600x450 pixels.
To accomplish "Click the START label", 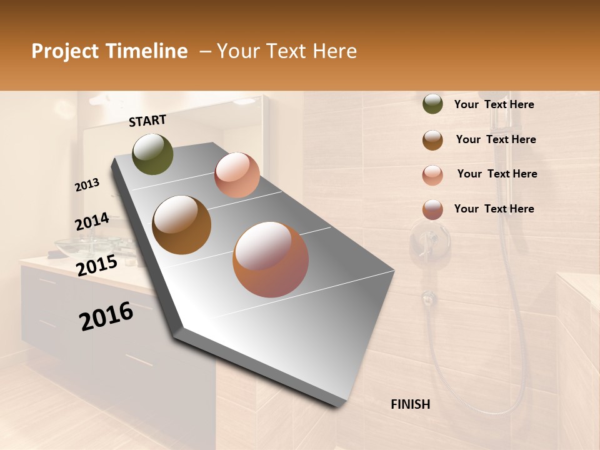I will (147, 121).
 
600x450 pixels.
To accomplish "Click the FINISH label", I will (410, 404).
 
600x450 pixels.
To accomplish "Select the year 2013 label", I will (87, 184).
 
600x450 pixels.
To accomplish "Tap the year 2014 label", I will (92, 222).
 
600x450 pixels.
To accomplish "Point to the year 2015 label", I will (96, 266).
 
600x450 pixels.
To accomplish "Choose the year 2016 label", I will (106, 316).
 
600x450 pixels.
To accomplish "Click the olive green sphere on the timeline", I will (152, 154).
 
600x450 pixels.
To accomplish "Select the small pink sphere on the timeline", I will (237, 175).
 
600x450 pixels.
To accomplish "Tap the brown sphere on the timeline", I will (182, 225).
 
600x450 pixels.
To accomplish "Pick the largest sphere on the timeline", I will (271, 259).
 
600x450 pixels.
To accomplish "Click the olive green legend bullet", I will (432, 104).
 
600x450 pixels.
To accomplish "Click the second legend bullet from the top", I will (432, 140).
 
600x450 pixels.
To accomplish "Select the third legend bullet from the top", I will (432, 174).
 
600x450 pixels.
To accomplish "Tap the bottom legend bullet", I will (432, 209).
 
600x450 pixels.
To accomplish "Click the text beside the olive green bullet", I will (494, 105).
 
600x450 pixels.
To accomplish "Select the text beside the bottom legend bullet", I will (494, 209).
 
